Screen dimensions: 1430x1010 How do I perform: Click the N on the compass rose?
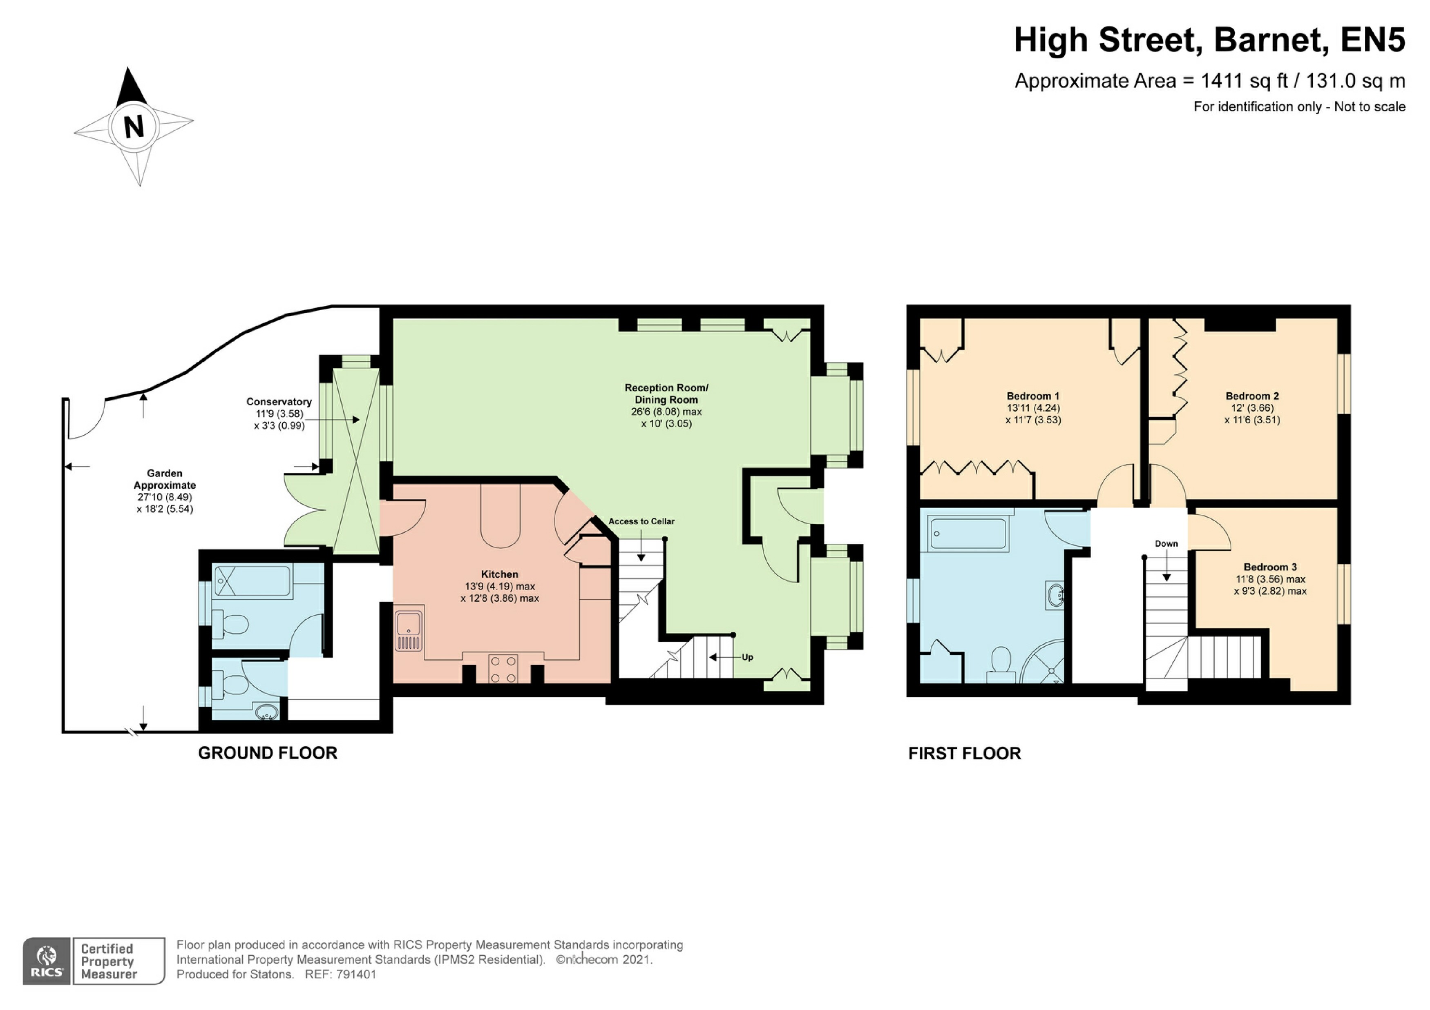(x=134, y=127)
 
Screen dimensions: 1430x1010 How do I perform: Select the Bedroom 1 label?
(x=1032, y=396)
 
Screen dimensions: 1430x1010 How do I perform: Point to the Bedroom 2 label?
(x=1252, y=396)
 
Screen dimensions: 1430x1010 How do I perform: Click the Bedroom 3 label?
(x=1270, y=567)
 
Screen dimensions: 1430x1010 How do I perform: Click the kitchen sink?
(x=409, y=629)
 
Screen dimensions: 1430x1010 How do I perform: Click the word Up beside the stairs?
(x=747, y=657)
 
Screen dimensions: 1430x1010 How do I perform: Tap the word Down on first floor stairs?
(x=1166, y=544)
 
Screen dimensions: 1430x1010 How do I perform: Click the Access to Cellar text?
(x=641, y=521)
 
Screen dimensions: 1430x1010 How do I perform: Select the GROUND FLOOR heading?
(x=267, y=753)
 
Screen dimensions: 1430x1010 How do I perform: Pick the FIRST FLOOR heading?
(x=964, y=754)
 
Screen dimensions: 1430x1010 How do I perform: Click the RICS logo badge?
(x=47, y=961)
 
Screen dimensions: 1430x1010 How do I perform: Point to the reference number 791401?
(x=356, y=974)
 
